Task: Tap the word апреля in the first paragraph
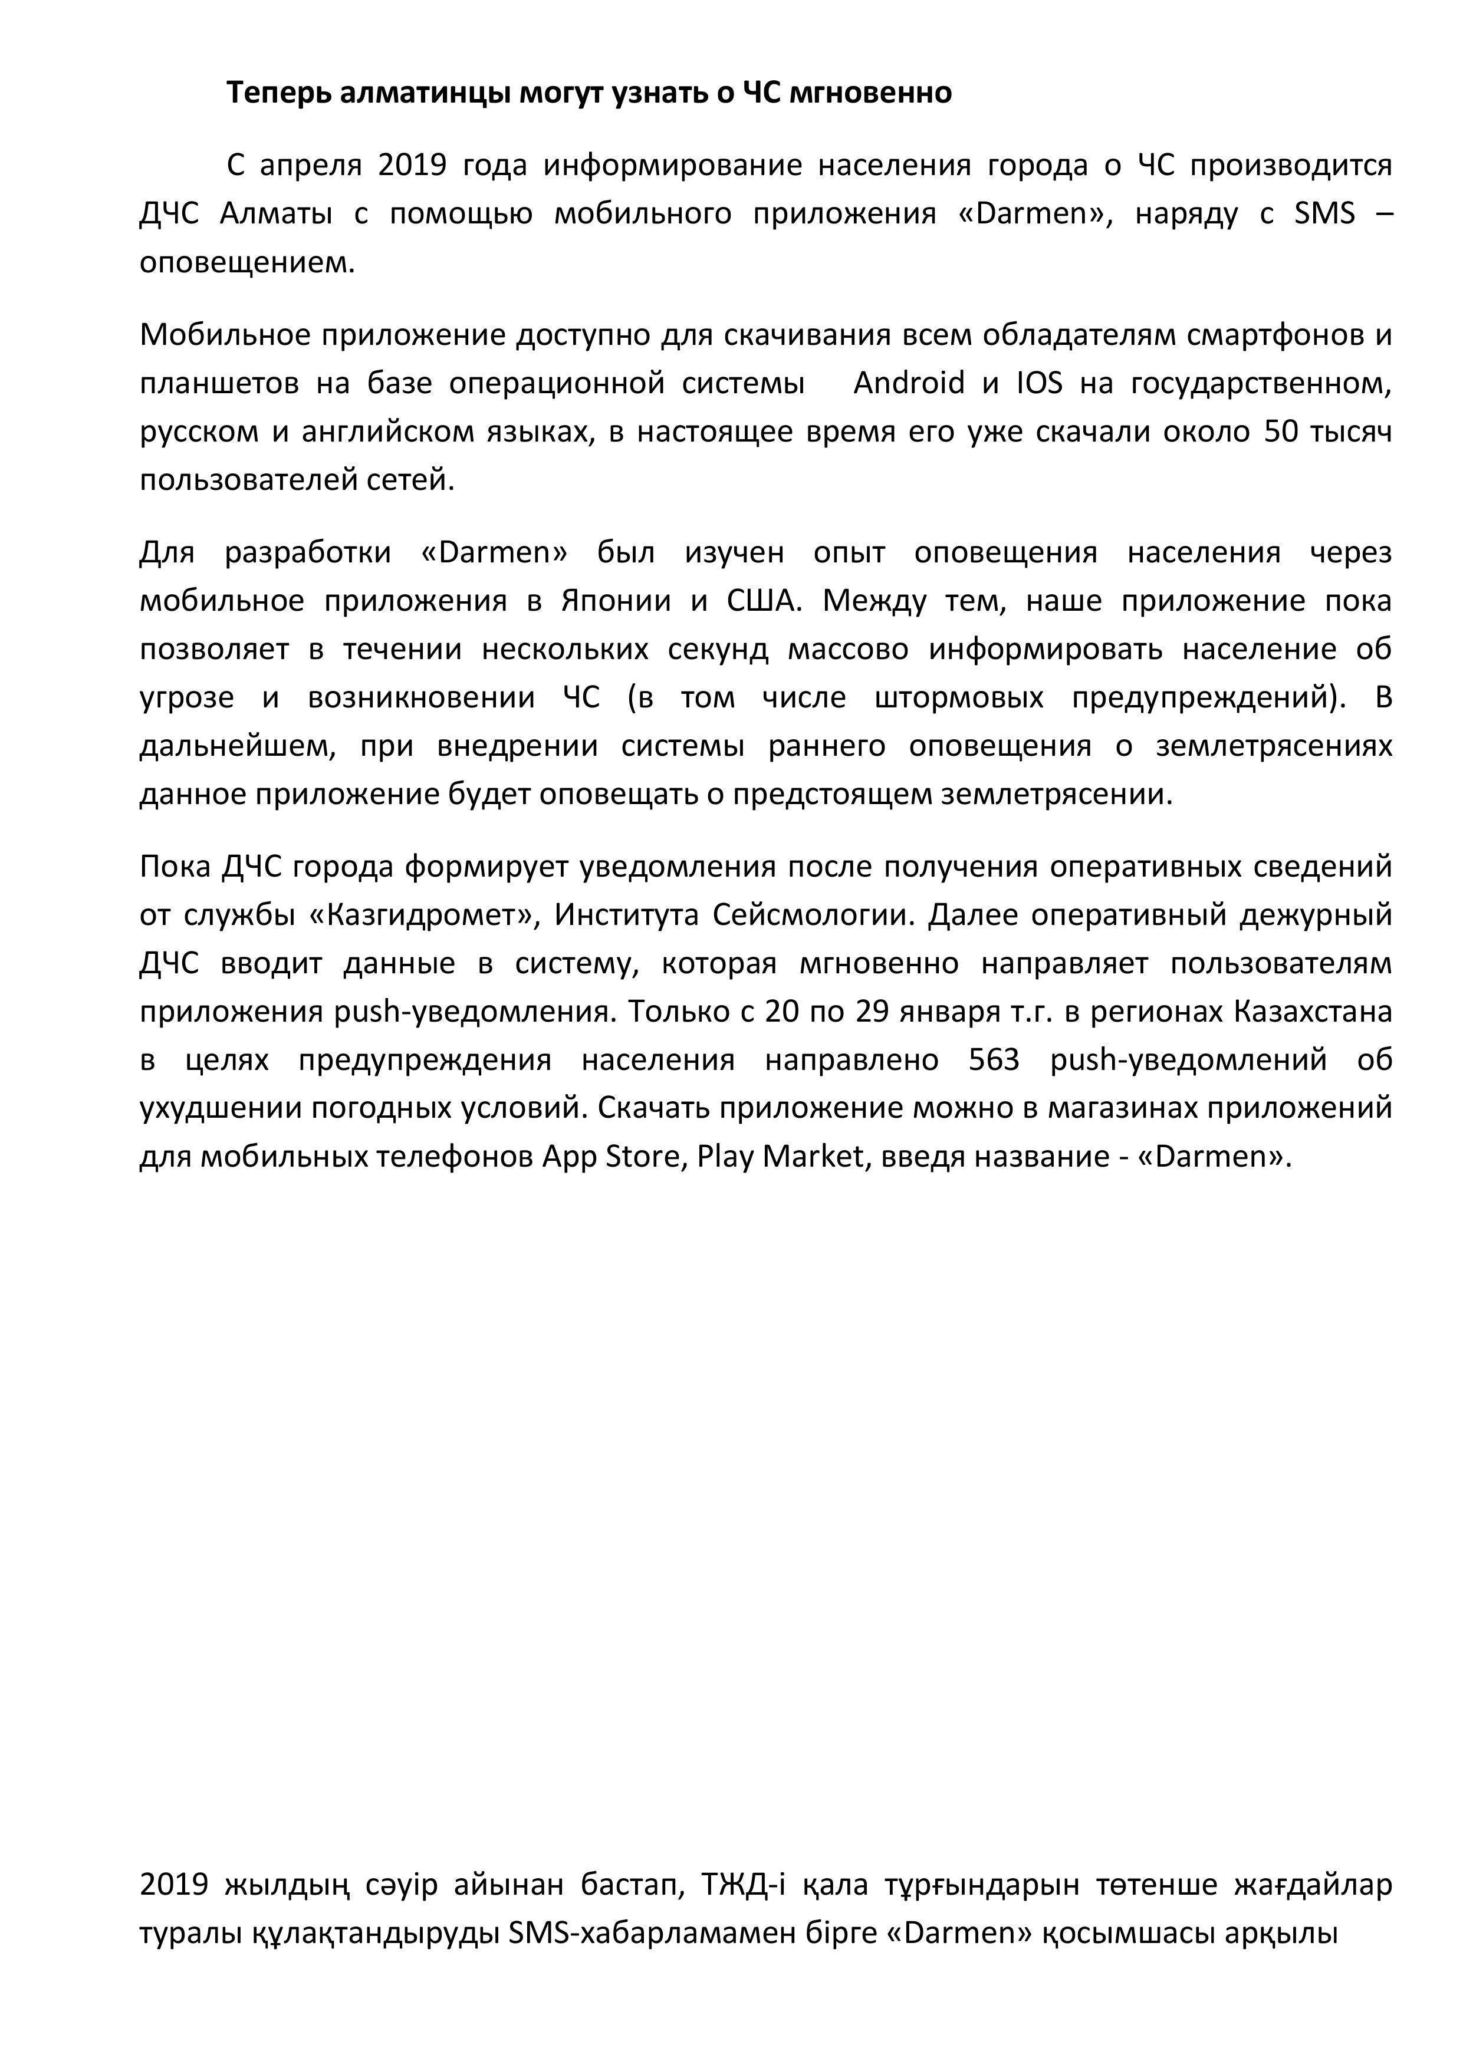[x=311, y=166]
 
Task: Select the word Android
[x=908, y=384]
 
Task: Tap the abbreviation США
[x=763, y=601]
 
